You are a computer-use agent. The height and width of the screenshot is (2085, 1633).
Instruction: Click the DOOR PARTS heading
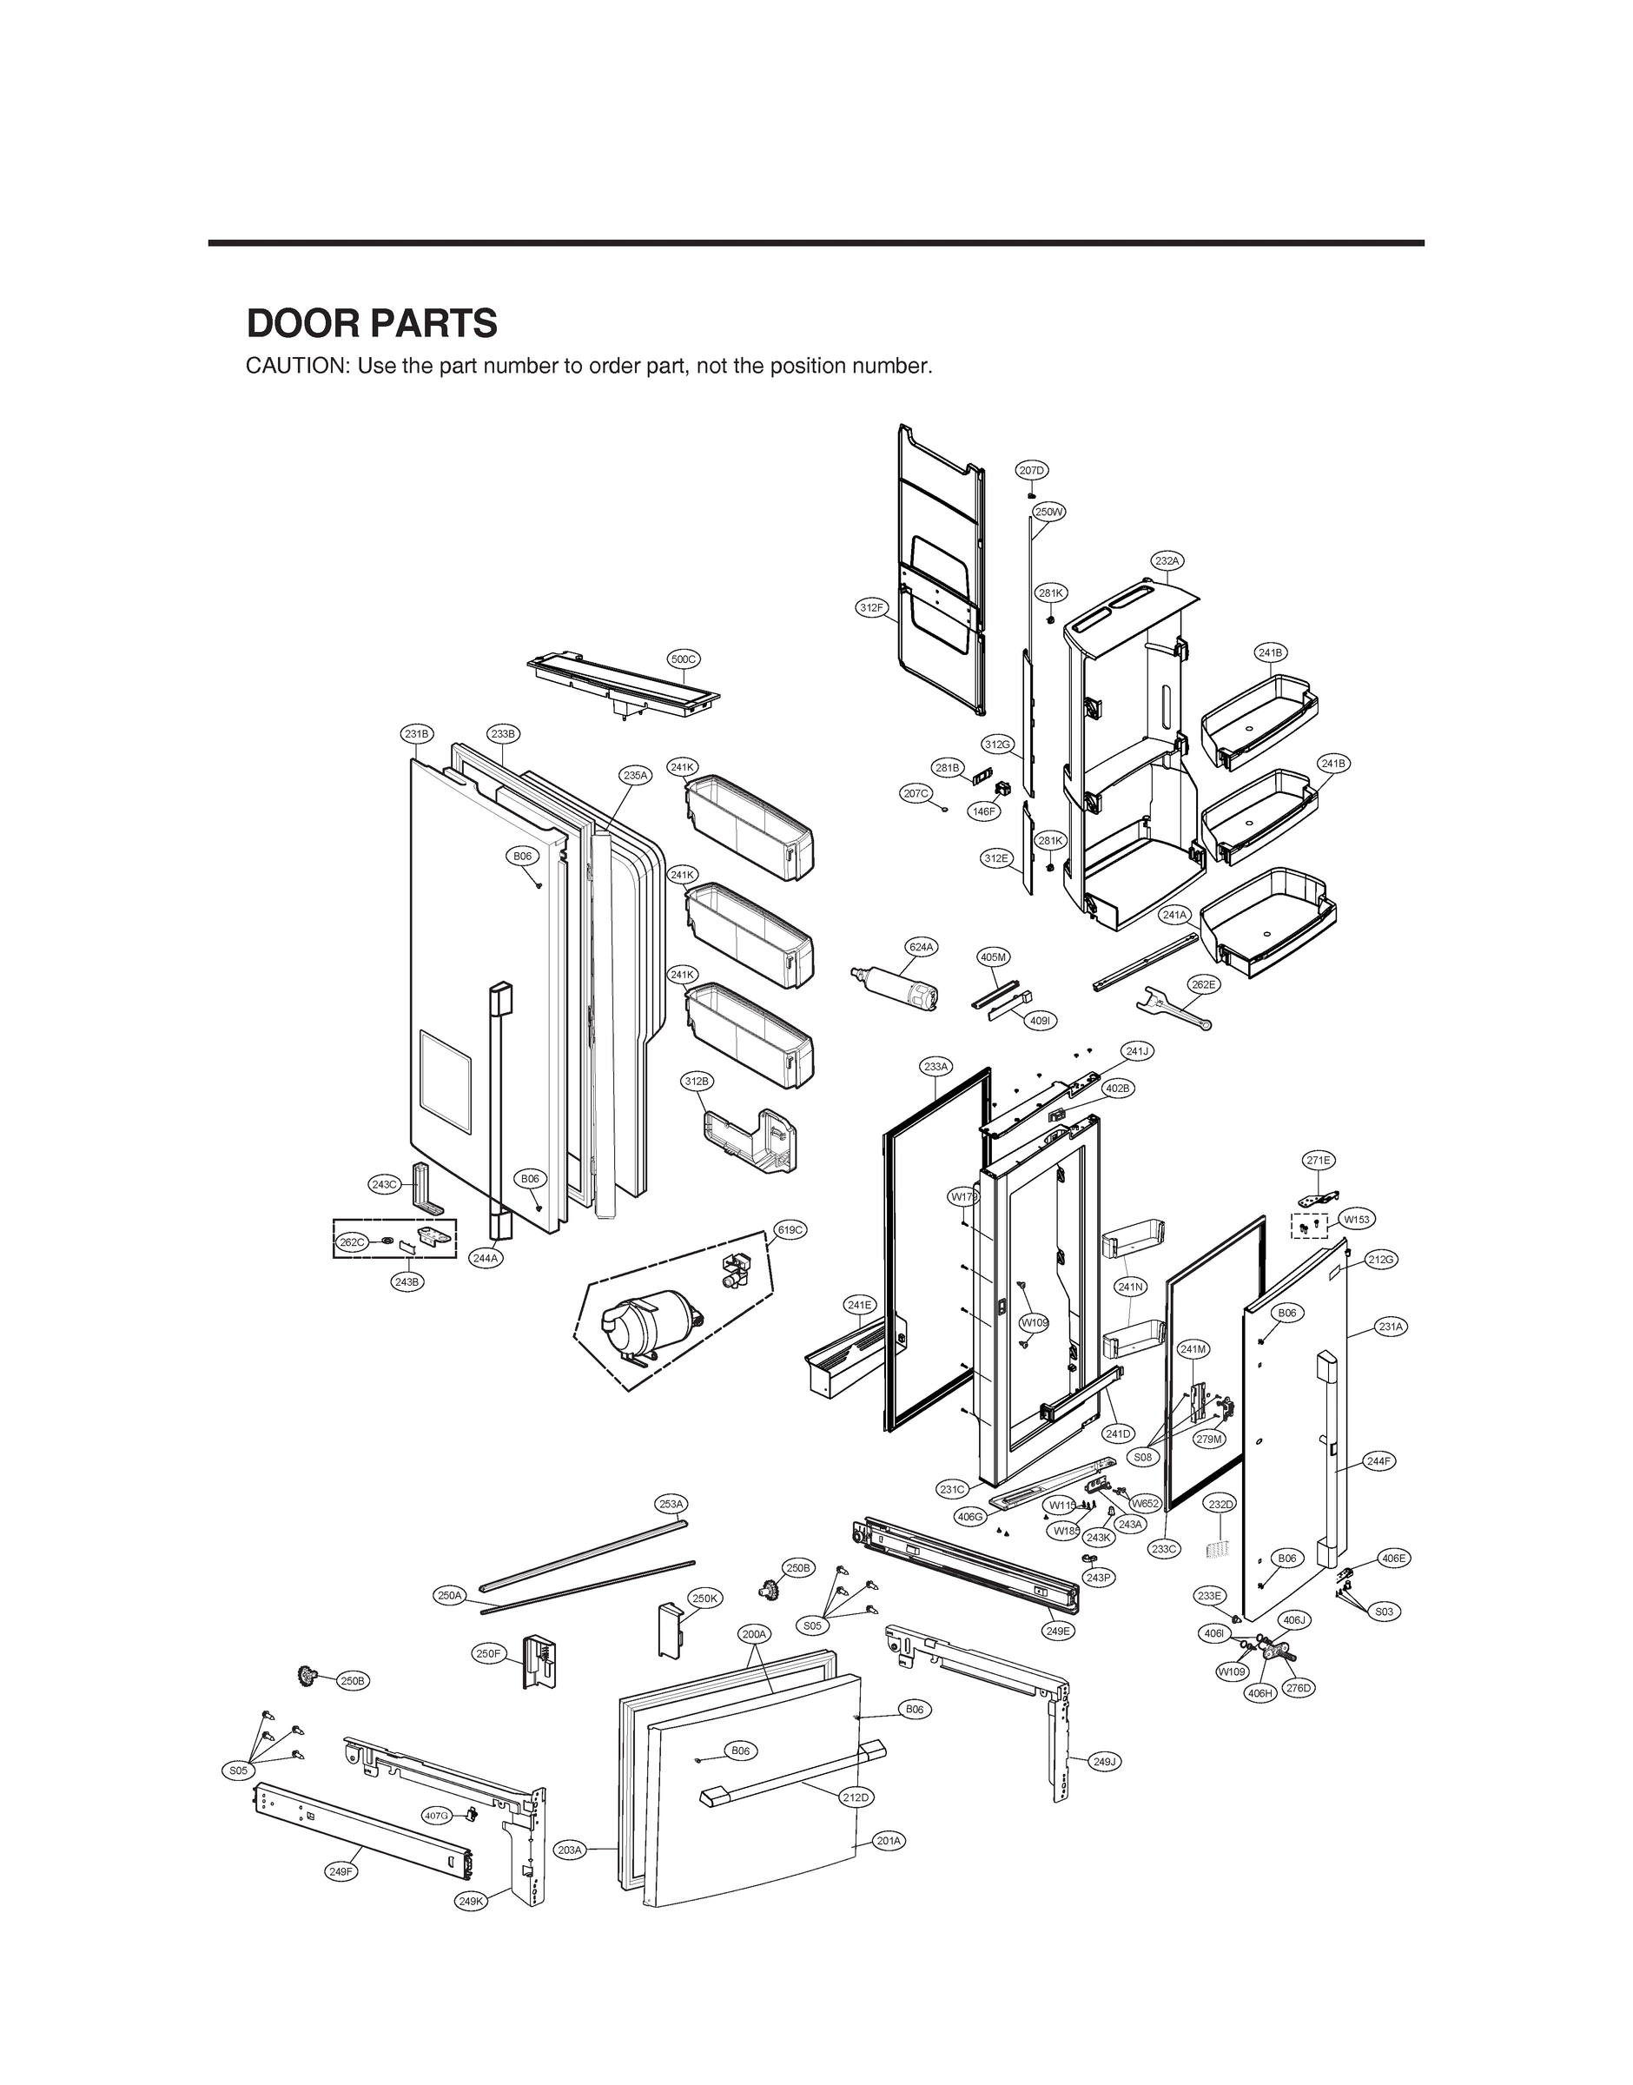point(372,324)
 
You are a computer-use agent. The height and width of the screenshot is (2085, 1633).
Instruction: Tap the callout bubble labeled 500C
point(684,659)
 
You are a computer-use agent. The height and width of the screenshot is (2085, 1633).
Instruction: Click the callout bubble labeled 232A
point(1167,560)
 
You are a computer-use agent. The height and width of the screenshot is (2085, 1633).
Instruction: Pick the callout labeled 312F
point(871,607)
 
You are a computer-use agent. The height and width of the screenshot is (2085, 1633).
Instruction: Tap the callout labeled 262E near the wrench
point(1204,983)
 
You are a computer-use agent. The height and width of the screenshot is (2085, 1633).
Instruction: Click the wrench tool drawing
point(1171,1009)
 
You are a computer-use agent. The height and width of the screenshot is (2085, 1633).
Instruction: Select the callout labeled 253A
point(671,1504)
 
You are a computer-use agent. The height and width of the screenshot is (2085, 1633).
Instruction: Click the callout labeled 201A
point(889,1840)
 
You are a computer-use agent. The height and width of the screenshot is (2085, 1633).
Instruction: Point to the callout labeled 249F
point(341,1872)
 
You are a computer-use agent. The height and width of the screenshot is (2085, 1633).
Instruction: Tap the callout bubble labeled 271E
point(1319,1160)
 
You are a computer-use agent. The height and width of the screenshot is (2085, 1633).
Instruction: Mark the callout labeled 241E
point(860,1304)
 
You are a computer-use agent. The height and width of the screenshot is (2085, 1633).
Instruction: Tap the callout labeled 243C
point(384,1184)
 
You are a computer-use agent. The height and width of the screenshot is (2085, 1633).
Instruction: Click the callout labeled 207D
point(1032,469)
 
